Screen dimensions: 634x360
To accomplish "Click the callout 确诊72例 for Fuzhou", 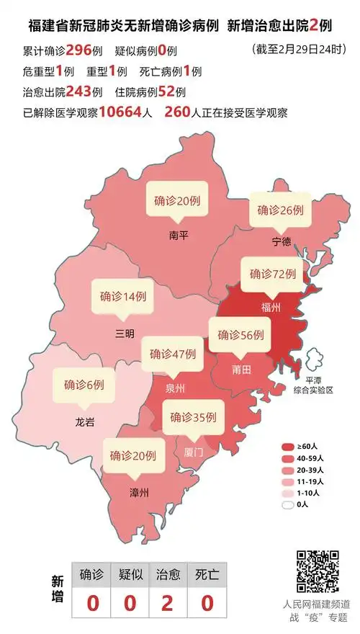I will click(273, 274).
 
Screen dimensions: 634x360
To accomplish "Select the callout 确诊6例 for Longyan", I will click(84, 384).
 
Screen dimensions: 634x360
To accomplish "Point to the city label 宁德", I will click(282, 241).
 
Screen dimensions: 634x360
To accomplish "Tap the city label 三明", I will click(125, 334).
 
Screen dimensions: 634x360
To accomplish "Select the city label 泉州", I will click(175, 388).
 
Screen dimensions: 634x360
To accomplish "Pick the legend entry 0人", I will click(302, 504).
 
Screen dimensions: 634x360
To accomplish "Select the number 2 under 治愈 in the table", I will click(167, 602).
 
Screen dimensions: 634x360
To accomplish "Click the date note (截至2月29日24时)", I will click(294, 50).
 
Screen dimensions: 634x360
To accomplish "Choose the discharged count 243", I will click(79, 93).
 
